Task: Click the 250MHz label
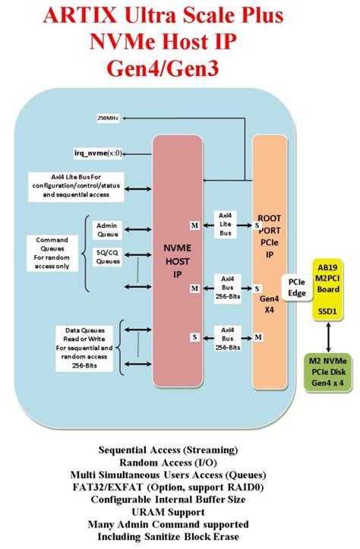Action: click(x=107, y=118)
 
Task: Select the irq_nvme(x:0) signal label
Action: click(x=97, y=153)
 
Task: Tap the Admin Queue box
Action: click(x=106, y=230)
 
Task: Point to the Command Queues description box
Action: click(x=52, y=251)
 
